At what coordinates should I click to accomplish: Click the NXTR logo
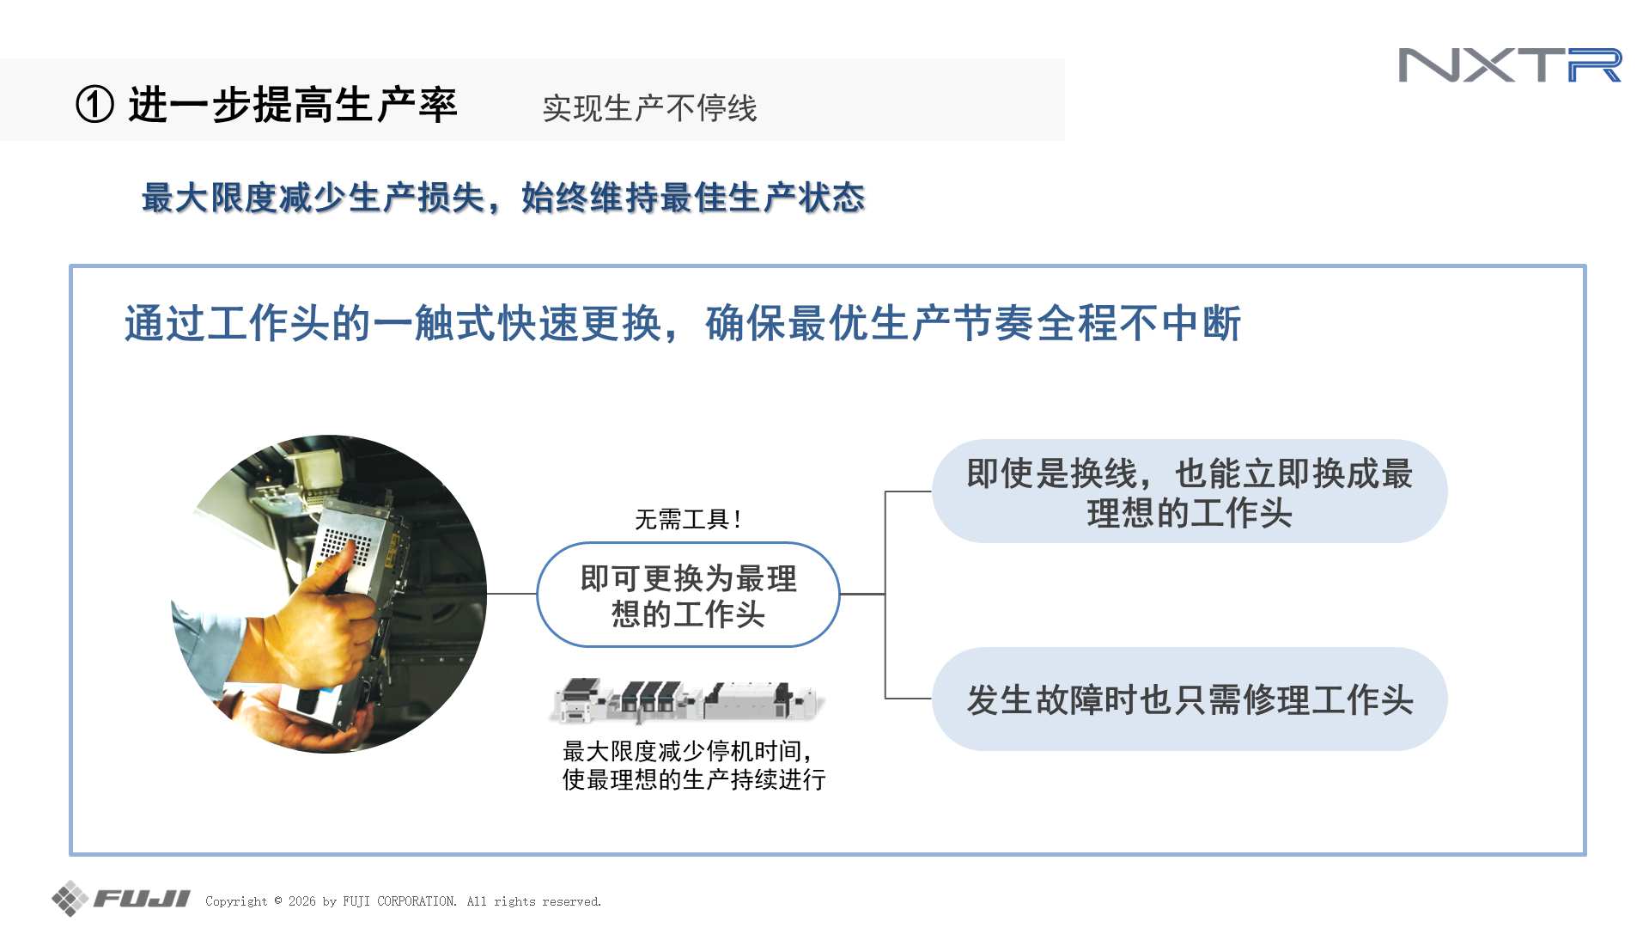(1510, 65)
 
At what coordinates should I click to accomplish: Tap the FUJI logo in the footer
(121, 899)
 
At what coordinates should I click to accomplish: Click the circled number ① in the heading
(94, 105)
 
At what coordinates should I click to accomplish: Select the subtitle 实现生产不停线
(649, 108)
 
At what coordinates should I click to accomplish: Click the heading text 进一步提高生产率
(293, 105)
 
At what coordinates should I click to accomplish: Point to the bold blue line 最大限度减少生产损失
(313, 198)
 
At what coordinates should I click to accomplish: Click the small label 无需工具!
(688, 519)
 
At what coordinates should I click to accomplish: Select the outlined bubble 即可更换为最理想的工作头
(688, 595)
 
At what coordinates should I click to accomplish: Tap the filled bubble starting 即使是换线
(1190, 491)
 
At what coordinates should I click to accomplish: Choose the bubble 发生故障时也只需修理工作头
(1190, 699)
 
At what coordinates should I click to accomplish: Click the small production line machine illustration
(687, 700)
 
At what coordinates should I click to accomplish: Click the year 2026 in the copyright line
(302, 901)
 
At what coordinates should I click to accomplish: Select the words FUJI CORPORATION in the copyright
(399, 901)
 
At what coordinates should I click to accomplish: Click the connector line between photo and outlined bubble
(512, 594)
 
